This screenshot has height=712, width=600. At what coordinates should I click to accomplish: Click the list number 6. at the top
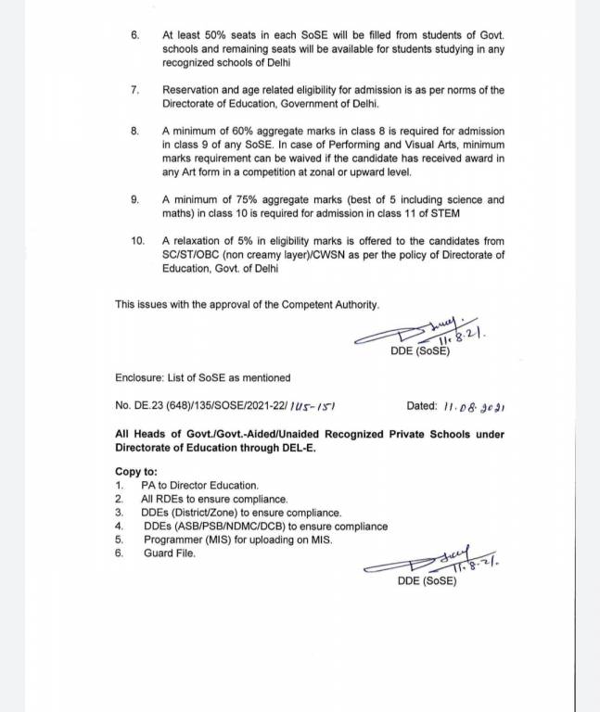pyautogui.click(x=135, y=33)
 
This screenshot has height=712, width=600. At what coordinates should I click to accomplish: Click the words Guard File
pyautogui.click(x=170, y=553)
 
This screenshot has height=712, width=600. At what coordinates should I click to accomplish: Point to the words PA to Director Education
pyautogui.click(x=200, y=485)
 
